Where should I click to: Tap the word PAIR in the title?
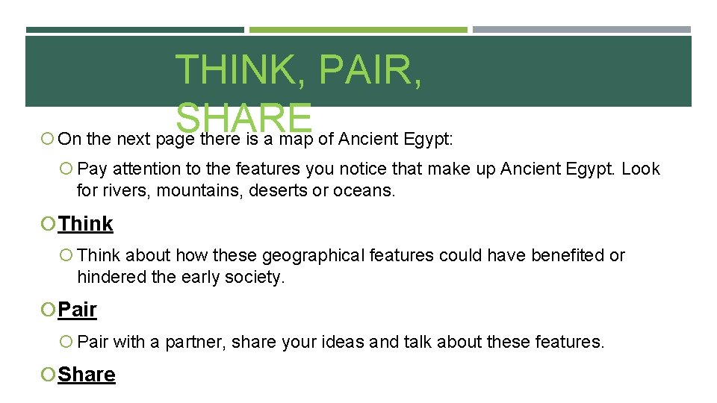(x=370, y=71)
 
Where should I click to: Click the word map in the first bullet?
(x=299, y=139)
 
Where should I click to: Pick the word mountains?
(x=191, y=190)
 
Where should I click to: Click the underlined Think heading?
(x=86, y=224)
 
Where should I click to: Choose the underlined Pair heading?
(x=78, y=309)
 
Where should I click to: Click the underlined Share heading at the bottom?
(x=87, y=375)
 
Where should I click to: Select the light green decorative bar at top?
(x=358, y=30)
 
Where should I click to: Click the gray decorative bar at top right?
(x=581, y=30)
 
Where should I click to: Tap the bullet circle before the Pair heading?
(x=49, y=309)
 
